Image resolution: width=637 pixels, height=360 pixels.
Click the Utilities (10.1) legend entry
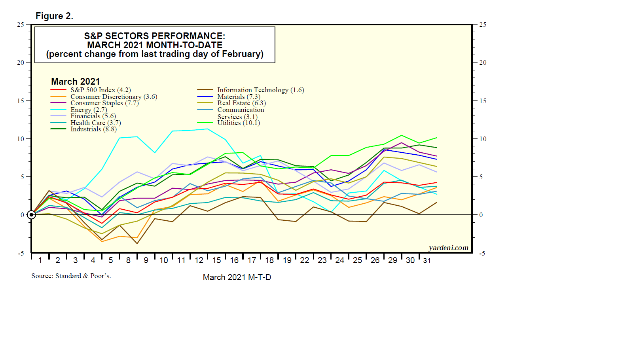[x=238, y=123]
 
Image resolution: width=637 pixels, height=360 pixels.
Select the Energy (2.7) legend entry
[x=89, y=110]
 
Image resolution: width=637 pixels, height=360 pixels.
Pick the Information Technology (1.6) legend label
[x=260, y=90]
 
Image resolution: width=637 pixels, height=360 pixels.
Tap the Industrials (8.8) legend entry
[x=93, y=129]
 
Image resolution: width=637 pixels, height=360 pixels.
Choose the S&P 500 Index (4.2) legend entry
[x=100, y=90]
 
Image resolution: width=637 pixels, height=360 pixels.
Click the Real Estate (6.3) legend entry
[x=241, y=103]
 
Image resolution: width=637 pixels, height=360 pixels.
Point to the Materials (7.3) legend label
[x=239, y=97]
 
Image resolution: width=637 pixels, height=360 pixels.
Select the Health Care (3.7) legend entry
[x=95, y=123]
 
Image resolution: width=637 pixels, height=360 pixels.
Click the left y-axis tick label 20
[x=20, y=63]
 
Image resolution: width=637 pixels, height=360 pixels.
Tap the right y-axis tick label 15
[x=483, y=101]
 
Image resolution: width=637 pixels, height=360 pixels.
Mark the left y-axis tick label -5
[x=21, y=253]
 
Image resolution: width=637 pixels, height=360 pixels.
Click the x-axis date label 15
[x=216, y=260]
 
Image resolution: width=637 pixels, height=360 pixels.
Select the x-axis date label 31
[x=427, y=260]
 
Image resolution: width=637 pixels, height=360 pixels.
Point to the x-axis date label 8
[x=128, y=260]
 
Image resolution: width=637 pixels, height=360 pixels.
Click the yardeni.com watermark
[x=448, y=248]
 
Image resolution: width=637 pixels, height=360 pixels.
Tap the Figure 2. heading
[x=54, y=16]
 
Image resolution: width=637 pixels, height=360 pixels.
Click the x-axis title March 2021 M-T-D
[x=237, y=277]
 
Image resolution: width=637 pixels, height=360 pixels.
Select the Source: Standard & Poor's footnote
[x=71, y=276]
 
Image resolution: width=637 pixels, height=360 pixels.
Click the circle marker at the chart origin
[x=31, y=215]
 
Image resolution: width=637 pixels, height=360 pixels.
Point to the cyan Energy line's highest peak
[x=208, y=129]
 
